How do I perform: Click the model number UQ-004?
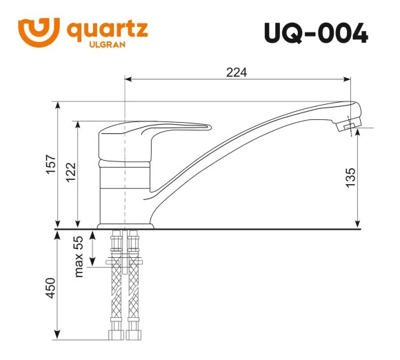(315, 32)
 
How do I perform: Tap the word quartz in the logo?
(107, 30)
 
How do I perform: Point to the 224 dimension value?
(237, 72)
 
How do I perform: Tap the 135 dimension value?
(350, 178)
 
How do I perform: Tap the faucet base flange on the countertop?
(125, 225)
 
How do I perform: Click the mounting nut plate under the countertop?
(124, 261)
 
